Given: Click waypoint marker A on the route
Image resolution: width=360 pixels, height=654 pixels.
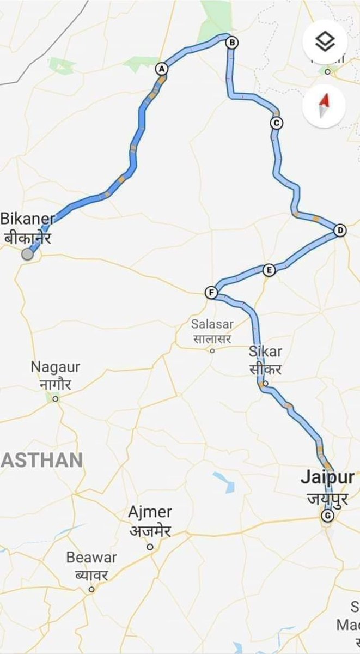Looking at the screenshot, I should (x=161, y=69).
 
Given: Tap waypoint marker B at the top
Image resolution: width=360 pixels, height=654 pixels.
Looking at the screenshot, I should (x=232, y=43).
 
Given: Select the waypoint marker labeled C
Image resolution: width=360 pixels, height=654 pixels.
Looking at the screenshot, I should (x=277, y=123).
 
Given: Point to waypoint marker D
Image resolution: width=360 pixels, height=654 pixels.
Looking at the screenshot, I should (x=340, y=231).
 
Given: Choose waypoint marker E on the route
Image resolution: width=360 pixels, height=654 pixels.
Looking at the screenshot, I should (x=268, y=270).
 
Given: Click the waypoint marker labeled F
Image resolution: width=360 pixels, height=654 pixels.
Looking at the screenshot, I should (x=211, y=293).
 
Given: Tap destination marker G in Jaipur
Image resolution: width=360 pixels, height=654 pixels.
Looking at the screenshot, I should (x=327, y=516).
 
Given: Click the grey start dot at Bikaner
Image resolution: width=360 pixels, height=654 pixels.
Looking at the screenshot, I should (x=27, y=254).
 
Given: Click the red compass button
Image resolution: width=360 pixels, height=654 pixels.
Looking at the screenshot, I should (x=325, y=105).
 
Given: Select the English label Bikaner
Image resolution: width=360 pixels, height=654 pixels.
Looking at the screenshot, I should (x=28, y=219).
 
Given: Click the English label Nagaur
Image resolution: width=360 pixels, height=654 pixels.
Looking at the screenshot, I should (x=55, y=367).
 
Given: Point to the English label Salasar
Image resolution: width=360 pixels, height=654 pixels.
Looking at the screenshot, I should (x=212, y=324).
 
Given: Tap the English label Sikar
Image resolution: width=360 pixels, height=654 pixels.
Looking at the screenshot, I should (x=265, y=350).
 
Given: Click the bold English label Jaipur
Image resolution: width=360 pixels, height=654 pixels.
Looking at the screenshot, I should (x=327, y=477).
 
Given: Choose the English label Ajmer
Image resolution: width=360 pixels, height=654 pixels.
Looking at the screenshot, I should (x=150, y=512).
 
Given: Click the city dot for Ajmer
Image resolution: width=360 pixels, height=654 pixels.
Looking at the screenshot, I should (x=151, y=546).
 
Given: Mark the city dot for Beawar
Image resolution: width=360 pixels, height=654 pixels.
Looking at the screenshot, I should (x=91, y=589).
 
